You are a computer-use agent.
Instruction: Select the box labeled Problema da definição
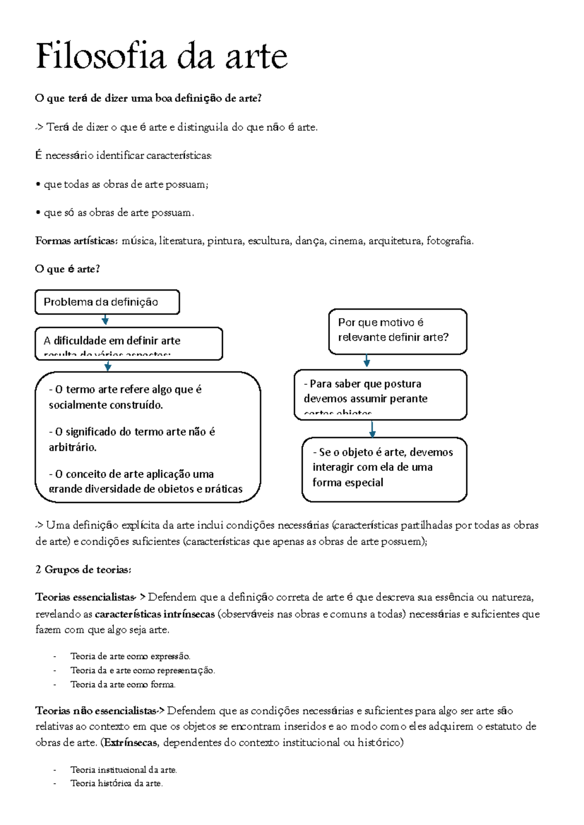pyautogui.click(x=107, y=302)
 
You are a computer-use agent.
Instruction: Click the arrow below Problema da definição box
pyautogui.click(x=105, y=320)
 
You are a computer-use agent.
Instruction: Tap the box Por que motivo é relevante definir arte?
pyautogui.click(x=397, y=331)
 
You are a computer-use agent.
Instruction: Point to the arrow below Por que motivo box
pyautogui.click(x=367, y=361)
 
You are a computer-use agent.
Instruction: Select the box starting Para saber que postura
pyautogui.click(x=380, y=394)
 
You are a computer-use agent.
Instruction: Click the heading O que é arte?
pyautogui.click(x=67, y=269)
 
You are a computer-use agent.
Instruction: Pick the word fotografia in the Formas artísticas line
pyautogui.click(x=449, y=241)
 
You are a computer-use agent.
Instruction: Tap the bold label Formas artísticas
pyautogui.click(x=75, y=241)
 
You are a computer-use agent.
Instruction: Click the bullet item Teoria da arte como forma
pyautogui.click(x=123, y=684)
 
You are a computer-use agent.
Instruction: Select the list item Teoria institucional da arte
pyautogui.click(x=123, y=770)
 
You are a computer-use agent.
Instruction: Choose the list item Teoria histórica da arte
pyautogui.click(x=116, y=783)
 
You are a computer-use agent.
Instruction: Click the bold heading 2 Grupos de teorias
pyautogui.click(x=83, y=570)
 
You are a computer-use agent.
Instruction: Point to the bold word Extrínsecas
pyautogui.click(x=130, y=743)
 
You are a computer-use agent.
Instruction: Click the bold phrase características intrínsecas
pyautogui.click(x=155, y=614)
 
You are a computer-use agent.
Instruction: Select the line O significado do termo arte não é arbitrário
pyautogui.click(x=132, y=439)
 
